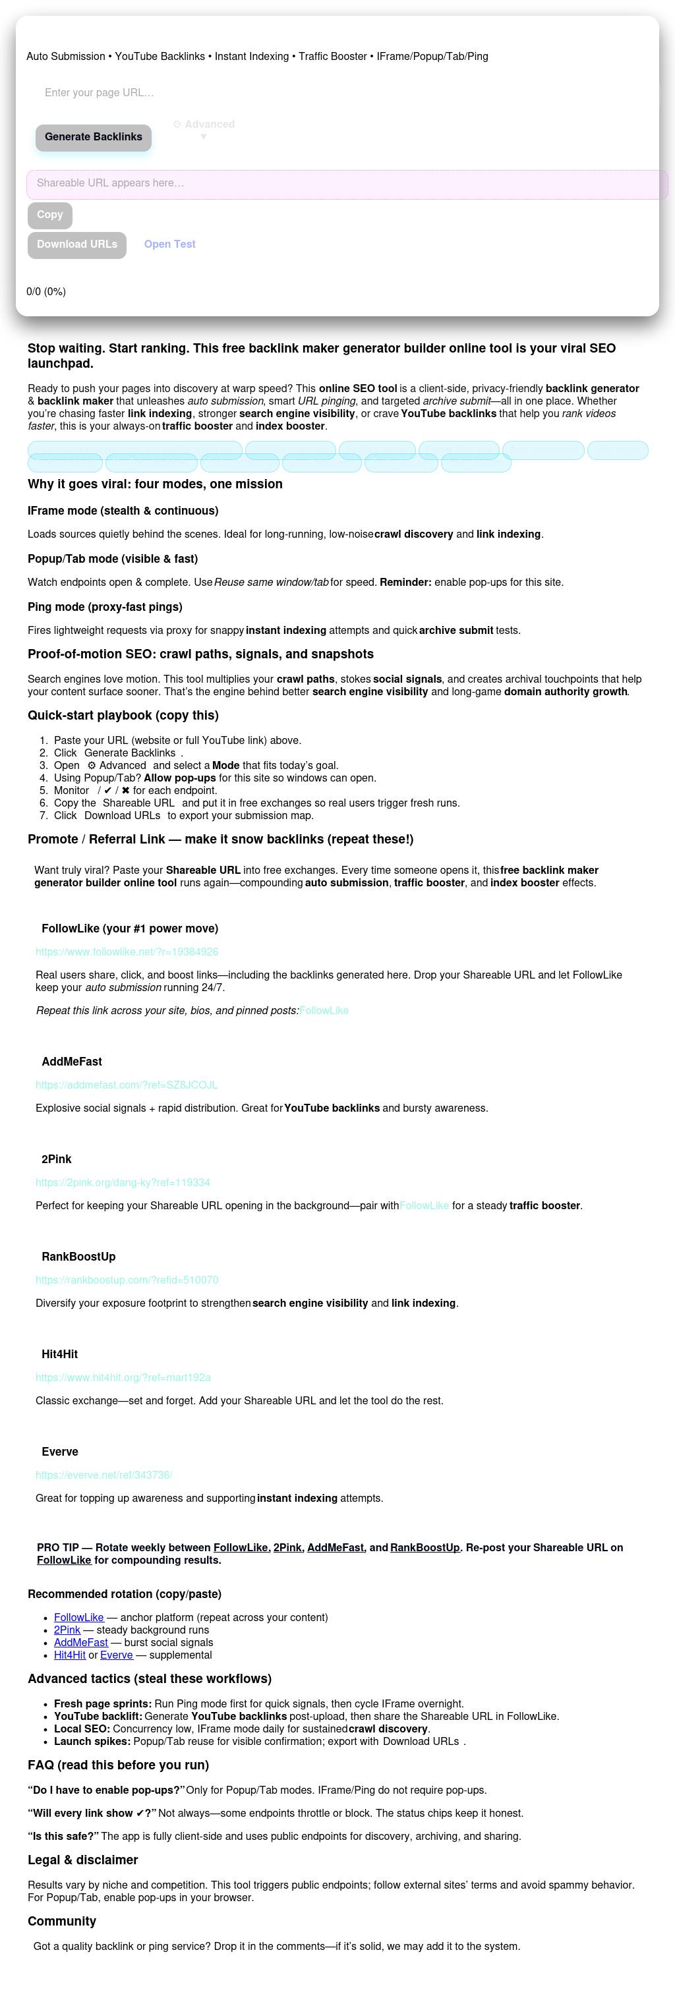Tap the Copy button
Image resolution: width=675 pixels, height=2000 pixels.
(49, 215)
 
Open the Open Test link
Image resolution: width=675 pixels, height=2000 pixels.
(169, 244)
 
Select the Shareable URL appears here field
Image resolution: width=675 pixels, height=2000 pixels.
(347, 184)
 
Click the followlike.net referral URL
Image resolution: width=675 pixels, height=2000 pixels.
(127, 952)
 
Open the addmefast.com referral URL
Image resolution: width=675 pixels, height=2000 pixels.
(127, 1085)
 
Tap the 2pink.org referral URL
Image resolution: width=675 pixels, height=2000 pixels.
(123, 1182)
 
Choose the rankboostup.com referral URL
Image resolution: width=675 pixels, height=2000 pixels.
(127, 1280)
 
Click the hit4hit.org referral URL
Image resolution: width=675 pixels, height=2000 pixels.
(123, 1377)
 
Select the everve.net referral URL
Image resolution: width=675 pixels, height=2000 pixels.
(103, 1474)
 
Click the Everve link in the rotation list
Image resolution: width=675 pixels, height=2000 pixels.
(117, 1655)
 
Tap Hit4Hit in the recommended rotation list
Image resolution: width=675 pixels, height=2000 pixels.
(70, 1655)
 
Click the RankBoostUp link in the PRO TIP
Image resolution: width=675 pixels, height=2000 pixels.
(425, 1547)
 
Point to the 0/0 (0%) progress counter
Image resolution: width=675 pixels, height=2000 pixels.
(47, 292)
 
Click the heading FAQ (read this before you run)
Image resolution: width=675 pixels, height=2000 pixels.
(118, 1765)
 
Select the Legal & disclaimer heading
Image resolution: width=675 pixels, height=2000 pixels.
(83, 1860)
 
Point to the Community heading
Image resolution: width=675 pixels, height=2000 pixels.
(62, 1921)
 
